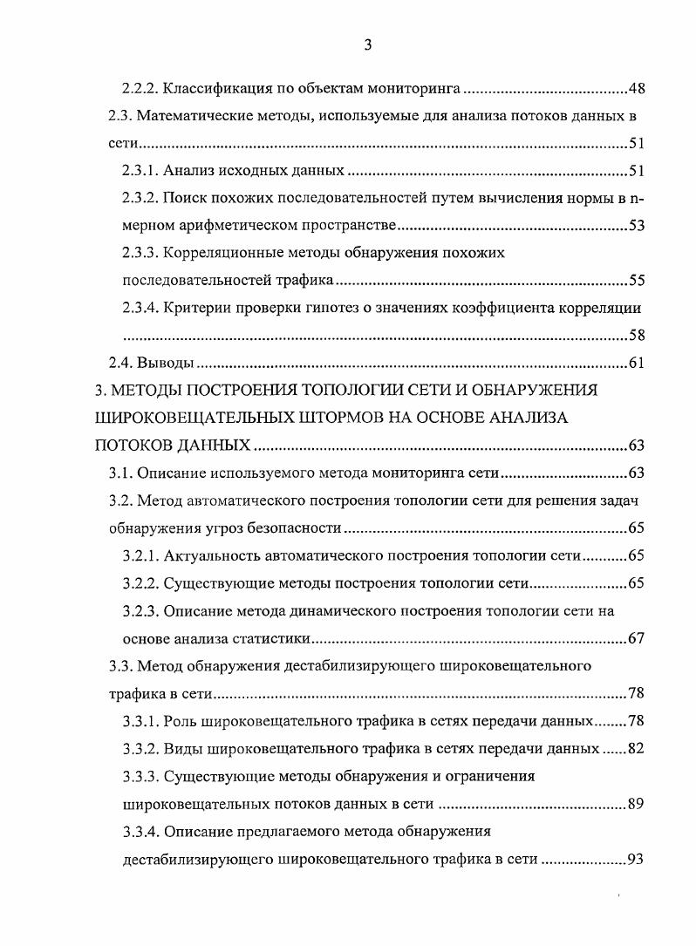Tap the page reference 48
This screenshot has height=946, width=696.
636,89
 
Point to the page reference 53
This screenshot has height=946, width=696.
636,227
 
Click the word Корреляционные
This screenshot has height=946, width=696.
226,254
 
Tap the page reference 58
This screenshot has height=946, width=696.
636,336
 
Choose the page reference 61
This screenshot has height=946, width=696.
636,364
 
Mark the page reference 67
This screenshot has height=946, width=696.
636,638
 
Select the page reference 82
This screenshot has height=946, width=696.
636,749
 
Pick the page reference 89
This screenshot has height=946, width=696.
636,804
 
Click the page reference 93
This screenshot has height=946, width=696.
636,859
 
